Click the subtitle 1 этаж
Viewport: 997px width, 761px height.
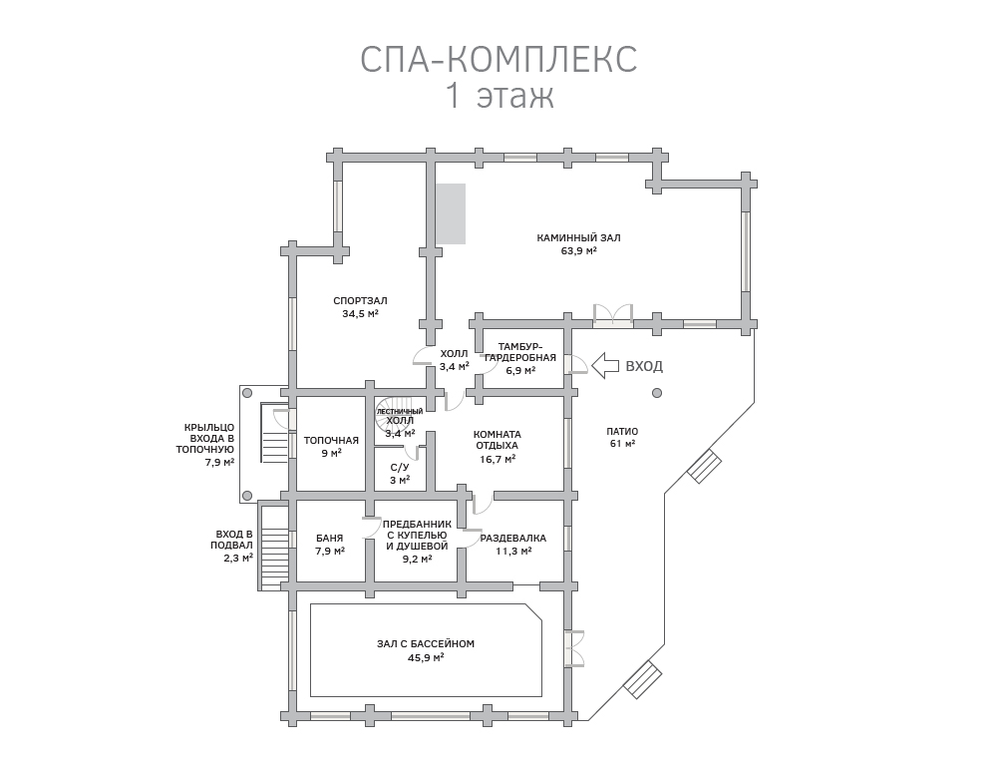pyautogui.click(x=498, y=97)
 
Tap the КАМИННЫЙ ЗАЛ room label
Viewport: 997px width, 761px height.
pyautogui.click(x=578, y=238)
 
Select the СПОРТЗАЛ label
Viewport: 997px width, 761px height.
pyautogui.click(x=360, y=300)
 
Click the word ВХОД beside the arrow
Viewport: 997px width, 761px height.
pyautogui.click(x=644, y=367)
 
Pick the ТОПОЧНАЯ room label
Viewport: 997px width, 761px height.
pyautogui.click(x=331, y=440)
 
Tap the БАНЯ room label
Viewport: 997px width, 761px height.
pyautogui.click(x=330, y=537)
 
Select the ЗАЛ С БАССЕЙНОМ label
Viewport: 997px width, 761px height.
pyautogui.click(x=426, y=644)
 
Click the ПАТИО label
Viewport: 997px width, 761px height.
pyautogui.click(x=622, y=431)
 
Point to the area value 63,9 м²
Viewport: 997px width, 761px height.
pyautogui.click(x=578, y=251)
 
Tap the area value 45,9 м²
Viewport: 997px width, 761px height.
pyautogui.click(x=426, y=658)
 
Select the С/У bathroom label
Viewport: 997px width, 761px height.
pyautogui.click(x=400, y=467)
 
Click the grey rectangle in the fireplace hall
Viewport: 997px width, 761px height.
pyautogui.click(x=449, y=213)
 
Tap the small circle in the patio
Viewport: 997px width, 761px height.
pyautogui.click(x=656, y=392)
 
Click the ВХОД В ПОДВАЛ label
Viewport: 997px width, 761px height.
pyautogui.click(x=234, y=540)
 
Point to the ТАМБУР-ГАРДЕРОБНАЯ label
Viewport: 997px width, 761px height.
pyautogui.click(x=520, y=351)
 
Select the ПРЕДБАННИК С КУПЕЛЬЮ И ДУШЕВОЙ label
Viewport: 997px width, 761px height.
pyautogui.click(x=417, y=536)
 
